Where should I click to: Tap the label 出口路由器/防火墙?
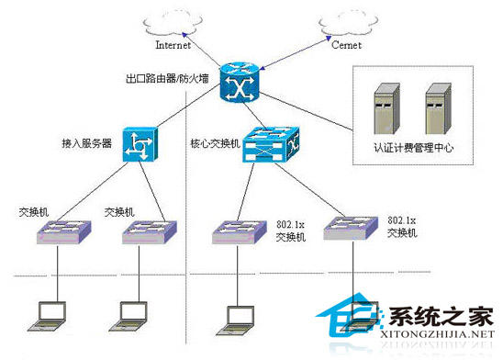click(x=167, y=79)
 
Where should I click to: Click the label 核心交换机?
click(x=215, y=144)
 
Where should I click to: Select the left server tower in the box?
click(x=386, y=108)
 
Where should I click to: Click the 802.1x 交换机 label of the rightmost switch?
click(x=404, y=227)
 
